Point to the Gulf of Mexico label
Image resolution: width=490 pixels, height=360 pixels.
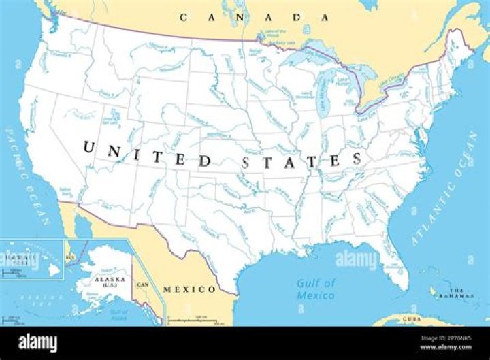pos(316,289)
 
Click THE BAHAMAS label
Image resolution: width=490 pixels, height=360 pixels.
pos(455,293)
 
